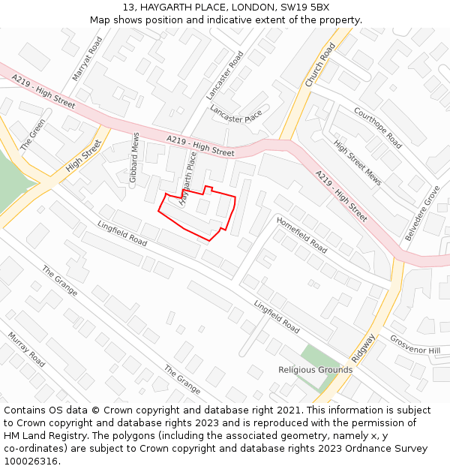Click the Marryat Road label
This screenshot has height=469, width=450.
[x=86, y=58]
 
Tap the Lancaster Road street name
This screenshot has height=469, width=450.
[x=225, y=75]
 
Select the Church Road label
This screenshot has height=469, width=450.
[x=320, y=65]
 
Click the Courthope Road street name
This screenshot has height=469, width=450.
[x=378, y=127]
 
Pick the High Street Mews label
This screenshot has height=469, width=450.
[x=358, y=163]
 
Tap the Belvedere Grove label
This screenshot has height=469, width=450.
[x=423, y=214]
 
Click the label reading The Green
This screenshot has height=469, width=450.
[x=33, y=134]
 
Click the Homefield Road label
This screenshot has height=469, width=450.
[x=301, y=234]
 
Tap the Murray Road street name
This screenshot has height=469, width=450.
[x=27, y=350]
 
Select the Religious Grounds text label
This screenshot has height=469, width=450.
[x=315, y=370]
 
